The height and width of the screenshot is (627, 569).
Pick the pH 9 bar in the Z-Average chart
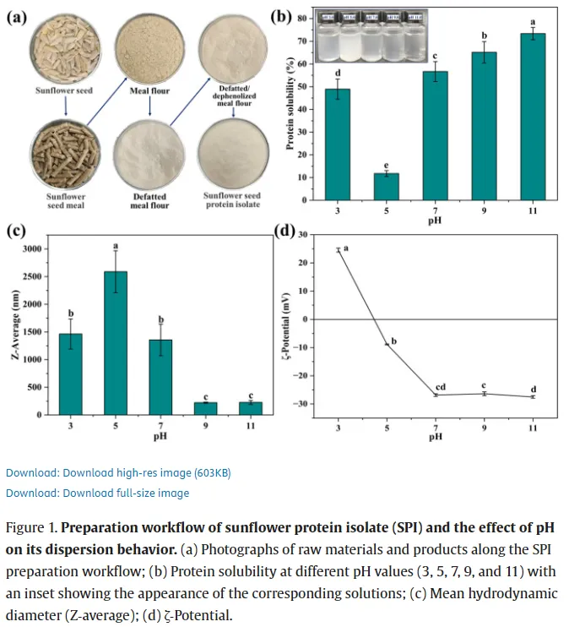pos(205,408)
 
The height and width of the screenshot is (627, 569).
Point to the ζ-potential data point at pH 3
pos(339,249)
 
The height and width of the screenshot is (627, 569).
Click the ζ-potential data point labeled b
pos(387,344)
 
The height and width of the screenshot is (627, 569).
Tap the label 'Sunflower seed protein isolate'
pos(231,200)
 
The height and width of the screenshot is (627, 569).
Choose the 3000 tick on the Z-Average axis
pos(51,249)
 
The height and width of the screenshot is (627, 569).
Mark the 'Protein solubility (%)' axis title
pos(289,104)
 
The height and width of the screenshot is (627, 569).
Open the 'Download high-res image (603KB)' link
pos(118,472)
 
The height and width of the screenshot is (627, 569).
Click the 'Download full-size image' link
pos(97,493)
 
